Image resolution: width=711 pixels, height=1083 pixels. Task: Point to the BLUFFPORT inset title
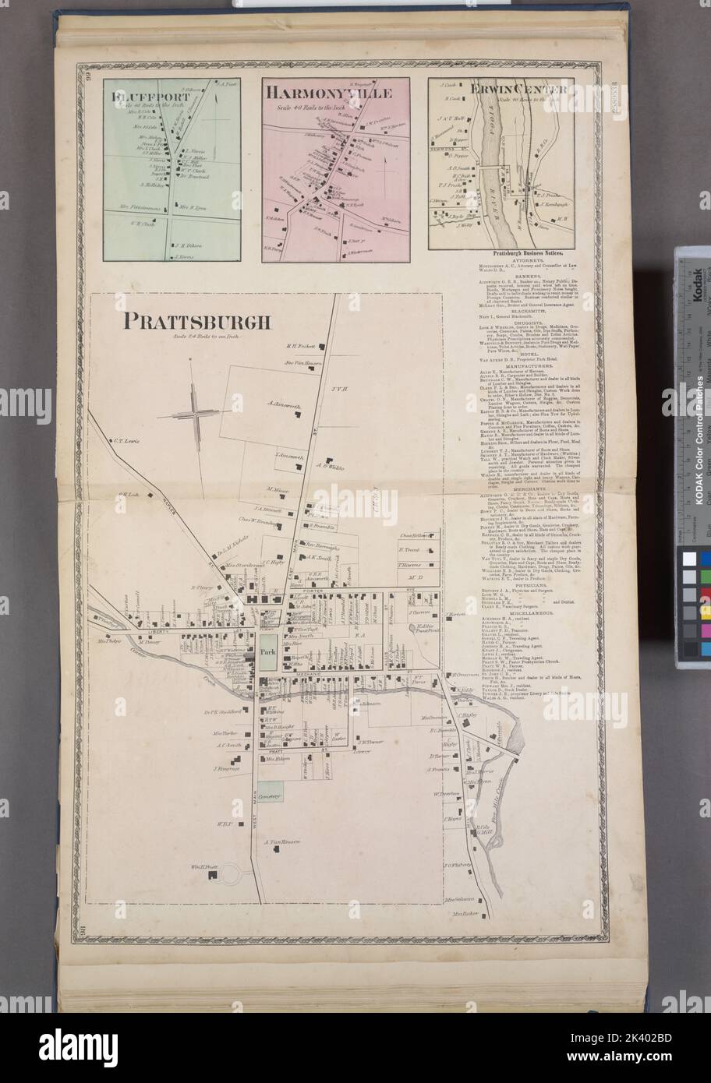tap(146, 98)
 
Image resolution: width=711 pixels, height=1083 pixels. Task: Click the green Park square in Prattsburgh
tap(268, 651)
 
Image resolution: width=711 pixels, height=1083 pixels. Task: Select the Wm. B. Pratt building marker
tap(211, 877)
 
